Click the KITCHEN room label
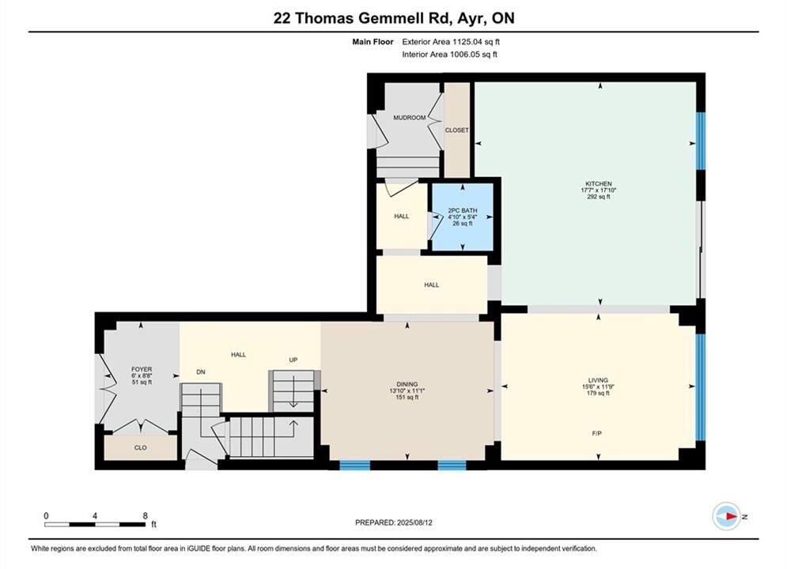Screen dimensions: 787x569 tap(598, 184)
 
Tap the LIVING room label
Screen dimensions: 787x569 tap(598, 380)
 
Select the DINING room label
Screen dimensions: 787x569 tap(407, 384)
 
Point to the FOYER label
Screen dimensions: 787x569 tap(142, 370)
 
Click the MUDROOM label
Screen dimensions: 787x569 tap(409, 118)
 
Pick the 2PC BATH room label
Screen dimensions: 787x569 tap(462, 210)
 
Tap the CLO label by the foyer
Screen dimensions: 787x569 tap(141, 447)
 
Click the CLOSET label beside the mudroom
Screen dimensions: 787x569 tap(456, 130)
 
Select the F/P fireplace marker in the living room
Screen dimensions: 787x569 tap(596, 434)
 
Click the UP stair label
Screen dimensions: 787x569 tap(293, 360)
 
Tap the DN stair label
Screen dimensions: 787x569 tap(201, 372)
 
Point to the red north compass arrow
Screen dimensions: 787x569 tap(732, 516)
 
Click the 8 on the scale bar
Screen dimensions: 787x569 tap(145, 515)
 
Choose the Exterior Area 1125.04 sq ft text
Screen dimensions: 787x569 tap(451, 42)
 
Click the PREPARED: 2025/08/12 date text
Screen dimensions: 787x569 tap(394, 522)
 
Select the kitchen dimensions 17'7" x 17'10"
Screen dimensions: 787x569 tap(598, 190)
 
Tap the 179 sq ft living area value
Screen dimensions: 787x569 tap(598, 393)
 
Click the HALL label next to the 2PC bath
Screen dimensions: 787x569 tap(402, 217)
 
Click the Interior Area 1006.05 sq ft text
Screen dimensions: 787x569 tap(450, 55)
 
